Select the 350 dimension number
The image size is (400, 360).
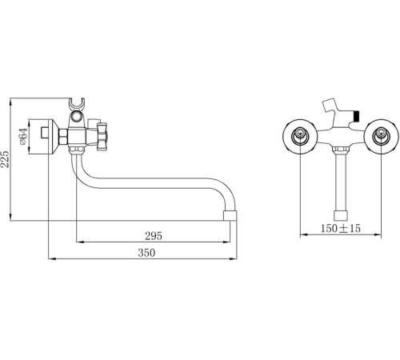coord(146,254)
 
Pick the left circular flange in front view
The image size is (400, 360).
coord(301,136)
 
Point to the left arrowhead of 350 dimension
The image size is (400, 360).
coord(50,259)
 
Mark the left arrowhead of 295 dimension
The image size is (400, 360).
coord(78,241)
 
